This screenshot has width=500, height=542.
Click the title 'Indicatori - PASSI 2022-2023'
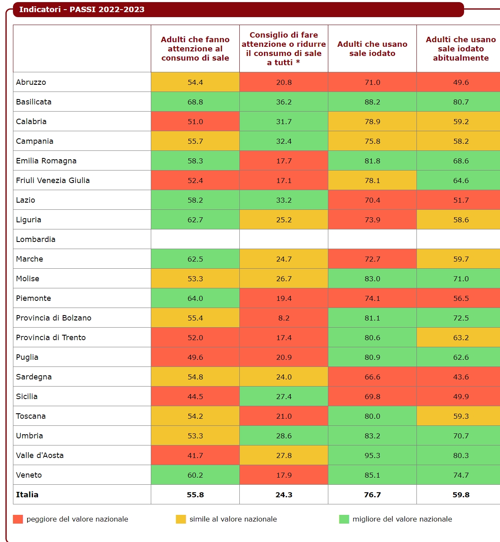click(x=82, y=10)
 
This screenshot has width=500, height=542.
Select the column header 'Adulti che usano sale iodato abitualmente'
click(x=460, y=49)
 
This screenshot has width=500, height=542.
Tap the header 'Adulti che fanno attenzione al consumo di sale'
click(x=195, y=49)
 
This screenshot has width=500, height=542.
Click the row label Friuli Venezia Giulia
click(x=53, y=181)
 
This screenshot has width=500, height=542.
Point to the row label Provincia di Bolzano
click(x=53, y=318)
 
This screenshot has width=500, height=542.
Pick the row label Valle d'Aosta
click(x=40, y=455)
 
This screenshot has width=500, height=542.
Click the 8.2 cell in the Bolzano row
click(x=284, y=318)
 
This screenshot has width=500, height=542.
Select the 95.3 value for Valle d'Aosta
click(x=372, y=455)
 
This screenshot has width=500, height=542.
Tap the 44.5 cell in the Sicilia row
click(x=195, y=397)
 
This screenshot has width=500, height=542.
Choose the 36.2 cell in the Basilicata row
click(x=284, y=102)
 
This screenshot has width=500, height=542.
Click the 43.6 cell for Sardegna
click(x=461, y=377)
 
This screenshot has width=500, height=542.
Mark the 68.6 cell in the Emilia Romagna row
click(x=461, y=161)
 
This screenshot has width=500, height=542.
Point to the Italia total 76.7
click(x=372, y=495)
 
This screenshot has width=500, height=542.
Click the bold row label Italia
click(x=27, y=495)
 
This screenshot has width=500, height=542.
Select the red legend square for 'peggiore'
click(x=18, y=519)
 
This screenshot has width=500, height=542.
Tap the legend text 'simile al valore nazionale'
click(x=233, y=519)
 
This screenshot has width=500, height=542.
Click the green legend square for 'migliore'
click(x=344, y=519)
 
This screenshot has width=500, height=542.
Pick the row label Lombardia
click(x=36, y=239)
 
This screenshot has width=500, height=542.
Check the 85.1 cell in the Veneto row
click(x=372, y=475)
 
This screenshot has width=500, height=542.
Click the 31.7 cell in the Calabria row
click(x=284, y=122)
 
